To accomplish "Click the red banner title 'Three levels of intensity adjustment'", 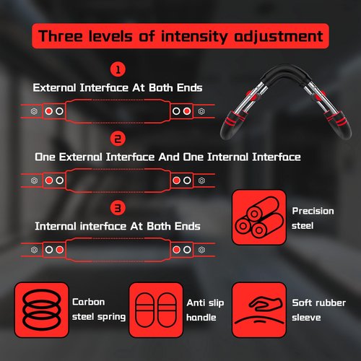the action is (x=180, y=36).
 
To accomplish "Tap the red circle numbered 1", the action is (x=118, y=70).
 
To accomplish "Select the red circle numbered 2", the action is (x=118, y=139).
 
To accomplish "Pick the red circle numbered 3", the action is (x=118, y=208).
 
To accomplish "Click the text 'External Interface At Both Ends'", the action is (x=118, y=88).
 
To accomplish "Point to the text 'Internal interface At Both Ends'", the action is (x=118, y=226).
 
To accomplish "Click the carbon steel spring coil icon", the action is (x=41, y=310).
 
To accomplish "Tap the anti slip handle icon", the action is (x=156, y=310).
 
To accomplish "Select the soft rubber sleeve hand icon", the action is (x=259, y=310).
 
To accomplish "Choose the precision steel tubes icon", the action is (x=259, y=217).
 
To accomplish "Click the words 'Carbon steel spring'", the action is (x=99, y=310).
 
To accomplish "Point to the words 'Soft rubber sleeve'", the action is (x=318, y=310).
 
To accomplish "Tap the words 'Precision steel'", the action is (x=313, y=218).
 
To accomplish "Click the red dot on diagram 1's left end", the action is (x=49, y=111).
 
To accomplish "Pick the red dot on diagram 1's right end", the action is (x=187, y=111).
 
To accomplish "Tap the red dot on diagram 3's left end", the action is (x=59, y=250).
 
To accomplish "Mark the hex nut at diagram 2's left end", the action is (x=34, y=180).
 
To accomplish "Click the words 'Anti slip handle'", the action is (x=205, y=310).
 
